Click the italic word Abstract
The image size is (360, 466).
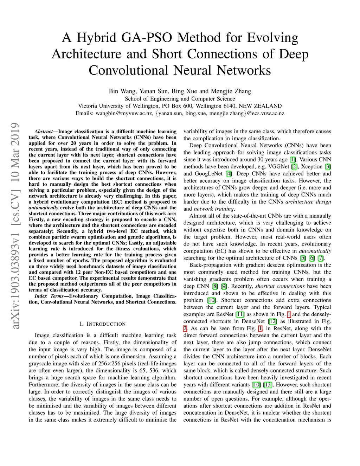tap(44, 132)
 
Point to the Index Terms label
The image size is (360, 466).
tap(49, 296)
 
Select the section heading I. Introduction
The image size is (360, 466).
tap(102, 324)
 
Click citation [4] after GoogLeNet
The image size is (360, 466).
tap(229, 173)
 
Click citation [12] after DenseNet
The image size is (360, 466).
tap(273, 321)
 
